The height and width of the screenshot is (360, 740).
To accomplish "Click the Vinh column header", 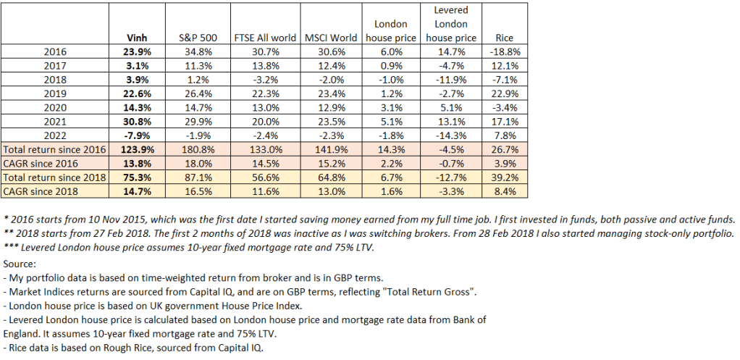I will (x=137, y=38).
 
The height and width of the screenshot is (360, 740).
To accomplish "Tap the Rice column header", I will (x=503, y=38).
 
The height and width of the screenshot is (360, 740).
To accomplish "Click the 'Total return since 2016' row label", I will (x=55, y=149).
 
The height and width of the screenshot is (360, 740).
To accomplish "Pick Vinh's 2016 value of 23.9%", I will (x=137, y=51).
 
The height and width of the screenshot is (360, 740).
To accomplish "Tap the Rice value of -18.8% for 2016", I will (x=503, y=51).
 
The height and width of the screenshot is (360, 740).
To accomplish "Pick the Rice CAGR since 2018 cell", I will (x=503, y=191).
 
